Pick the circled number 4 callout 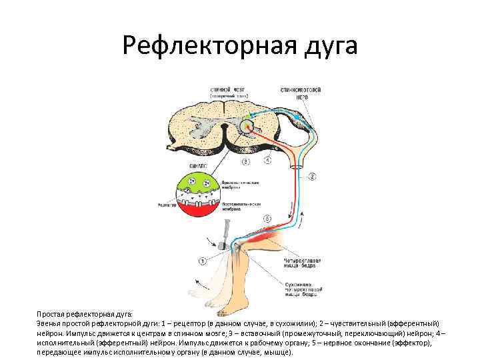[267, 160]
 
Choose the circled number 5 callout [267, 218]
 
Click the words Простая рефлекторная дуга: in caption [85, 313]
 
